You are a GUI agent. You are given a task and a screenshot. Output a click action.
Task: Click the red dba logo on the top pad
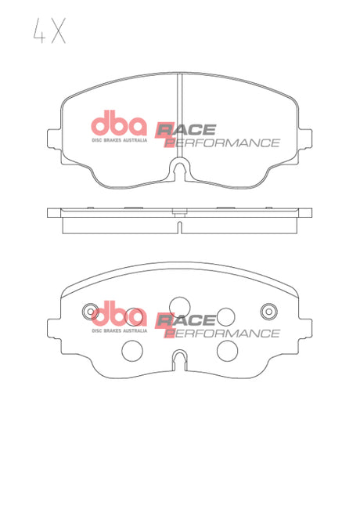point(119,125)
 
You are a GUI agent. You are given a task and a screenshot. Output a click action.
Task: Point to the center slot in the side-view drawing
point(180,227)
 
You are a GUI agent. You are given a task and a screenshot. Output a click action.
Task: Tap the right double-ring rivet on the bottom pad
point(271,309)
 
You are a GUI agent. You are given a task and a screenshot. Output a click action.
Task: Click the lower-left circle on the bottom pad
point(135,348)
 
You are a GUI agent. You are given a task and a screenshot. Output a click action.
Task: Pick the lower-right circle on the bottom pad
point(227,348)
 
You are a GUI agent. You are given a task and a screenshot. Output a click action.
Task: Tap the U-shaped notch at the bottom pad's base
point(180,361)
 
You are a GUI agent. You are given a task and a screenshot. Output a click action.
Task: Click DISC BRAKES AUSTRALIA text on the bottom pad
point(119,330)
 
